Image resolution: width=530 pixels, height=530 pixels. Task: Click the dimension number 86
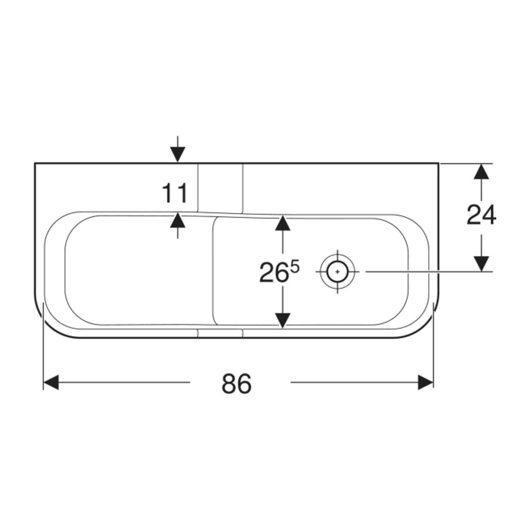(237, 384)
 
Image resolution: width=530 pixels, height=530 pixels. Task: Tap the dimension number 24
(481, 214)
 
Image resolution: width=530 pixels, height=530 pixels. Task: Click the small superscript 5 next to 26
(294, 267)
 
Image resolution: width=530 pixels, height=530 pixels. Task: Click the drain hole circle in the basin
(338, 271)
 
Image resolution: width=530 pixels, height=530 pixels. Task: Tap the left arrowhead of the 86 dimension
(51, 382)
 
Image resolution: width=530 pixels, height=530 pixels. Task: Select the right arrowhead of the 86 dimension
(425, 382)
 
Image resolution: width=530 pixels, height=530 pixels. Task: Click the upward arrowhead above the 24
(481, 172)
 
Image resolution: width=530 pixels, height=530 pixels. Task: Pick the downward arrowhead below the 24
(481, 264)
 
